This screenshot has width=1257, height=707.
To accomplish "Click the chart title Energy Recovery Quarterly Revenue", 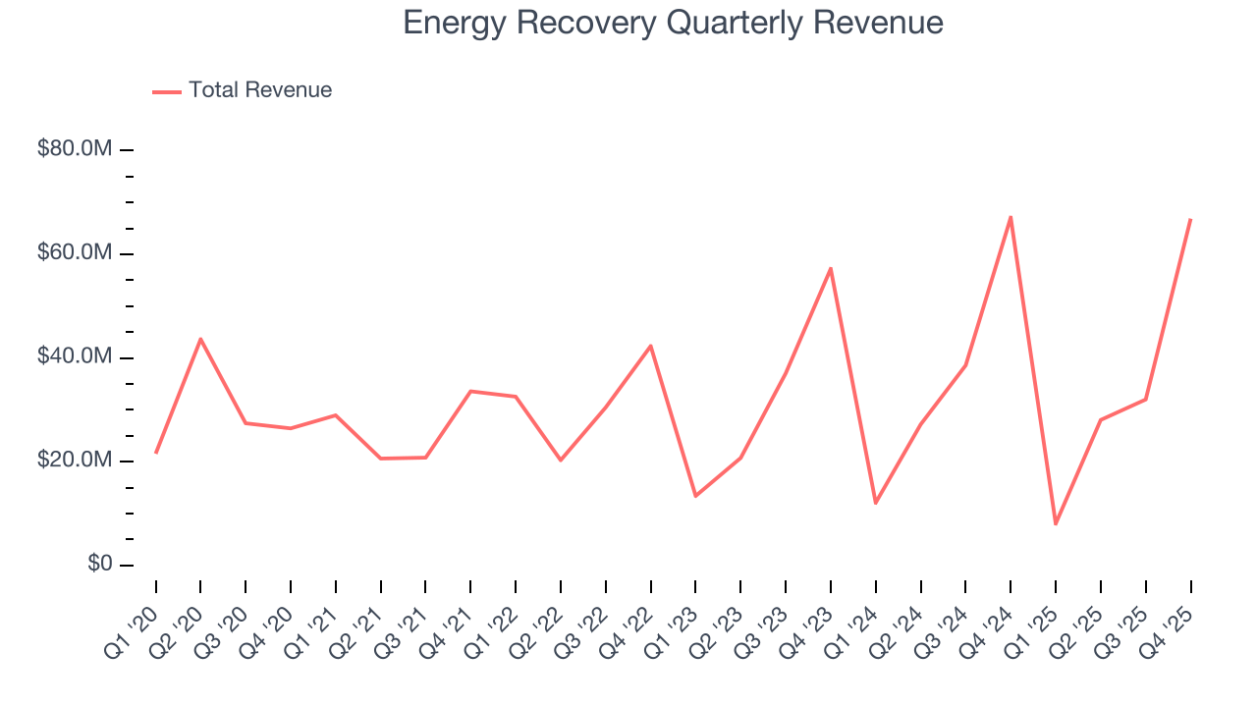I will click(x=673, y=23).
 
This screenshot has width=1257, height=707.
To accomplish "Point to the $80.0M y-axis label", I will click(x=75, y=149).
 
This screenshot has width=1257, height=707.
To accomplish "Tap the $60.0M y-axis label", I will click(x=75, y=253).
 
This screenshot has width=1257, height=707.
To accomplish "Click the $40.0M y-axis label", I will click(x=75, y=357).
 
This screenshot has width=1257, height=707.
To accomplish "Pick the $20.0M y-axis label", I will click(x=75, y=461).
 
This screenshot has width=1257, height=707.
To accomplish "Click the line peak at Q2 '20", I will click(x=200, y=339).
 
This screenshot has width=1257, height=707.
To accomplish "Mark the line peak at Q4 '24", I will click(x=1011, y=217).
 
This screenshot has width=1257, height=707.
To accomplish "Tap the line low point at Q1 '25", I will click(x=1056, y=523).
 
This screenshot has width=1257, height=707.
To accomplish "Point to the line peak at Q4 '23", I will click(x=831, y=268).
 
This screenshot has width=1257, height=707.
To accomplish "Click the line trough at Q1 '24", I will click(x=875, y=503).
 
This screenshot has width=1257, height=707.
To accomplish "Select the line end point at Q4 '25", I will click(x=1190, y=220).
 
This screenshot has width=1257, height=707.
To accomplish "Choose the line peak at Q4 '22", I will click(x=650, y=346).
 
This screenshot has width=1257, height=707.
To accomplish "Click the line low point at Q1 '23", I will click(x=695, y=496).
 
